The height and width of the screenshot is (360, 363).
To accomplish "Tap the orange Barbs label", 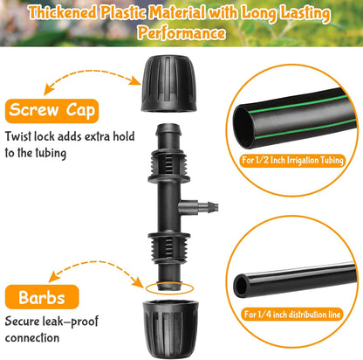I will (40, 295).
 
